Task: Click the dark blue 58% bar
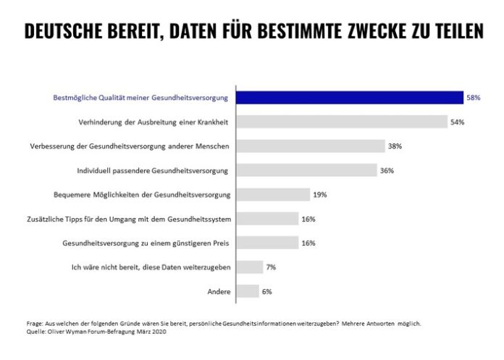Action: click(350, 98)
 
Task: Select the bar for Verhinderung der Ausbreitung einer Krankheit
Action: click(343, 122)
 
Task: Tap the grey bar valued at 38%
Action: click(311, 146)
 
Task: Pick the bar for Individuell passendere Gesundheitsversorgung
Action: click(308, 170)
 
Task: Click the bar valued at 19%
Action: click(274, 195)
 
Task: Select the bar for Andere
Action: click(248, 291)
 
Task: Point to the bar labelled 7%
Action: click(251, 267)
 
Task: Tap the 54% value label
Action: click(457, 122)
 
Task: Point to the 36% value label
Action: click(387, 170)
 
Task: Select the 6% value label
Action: click(267, 291)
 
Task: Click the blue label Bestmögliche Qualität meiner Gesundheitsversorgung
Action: click(141, 98)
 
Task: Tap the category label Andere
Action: click(218, 291)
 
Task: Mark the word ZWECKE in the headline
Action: click(347, 32)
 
